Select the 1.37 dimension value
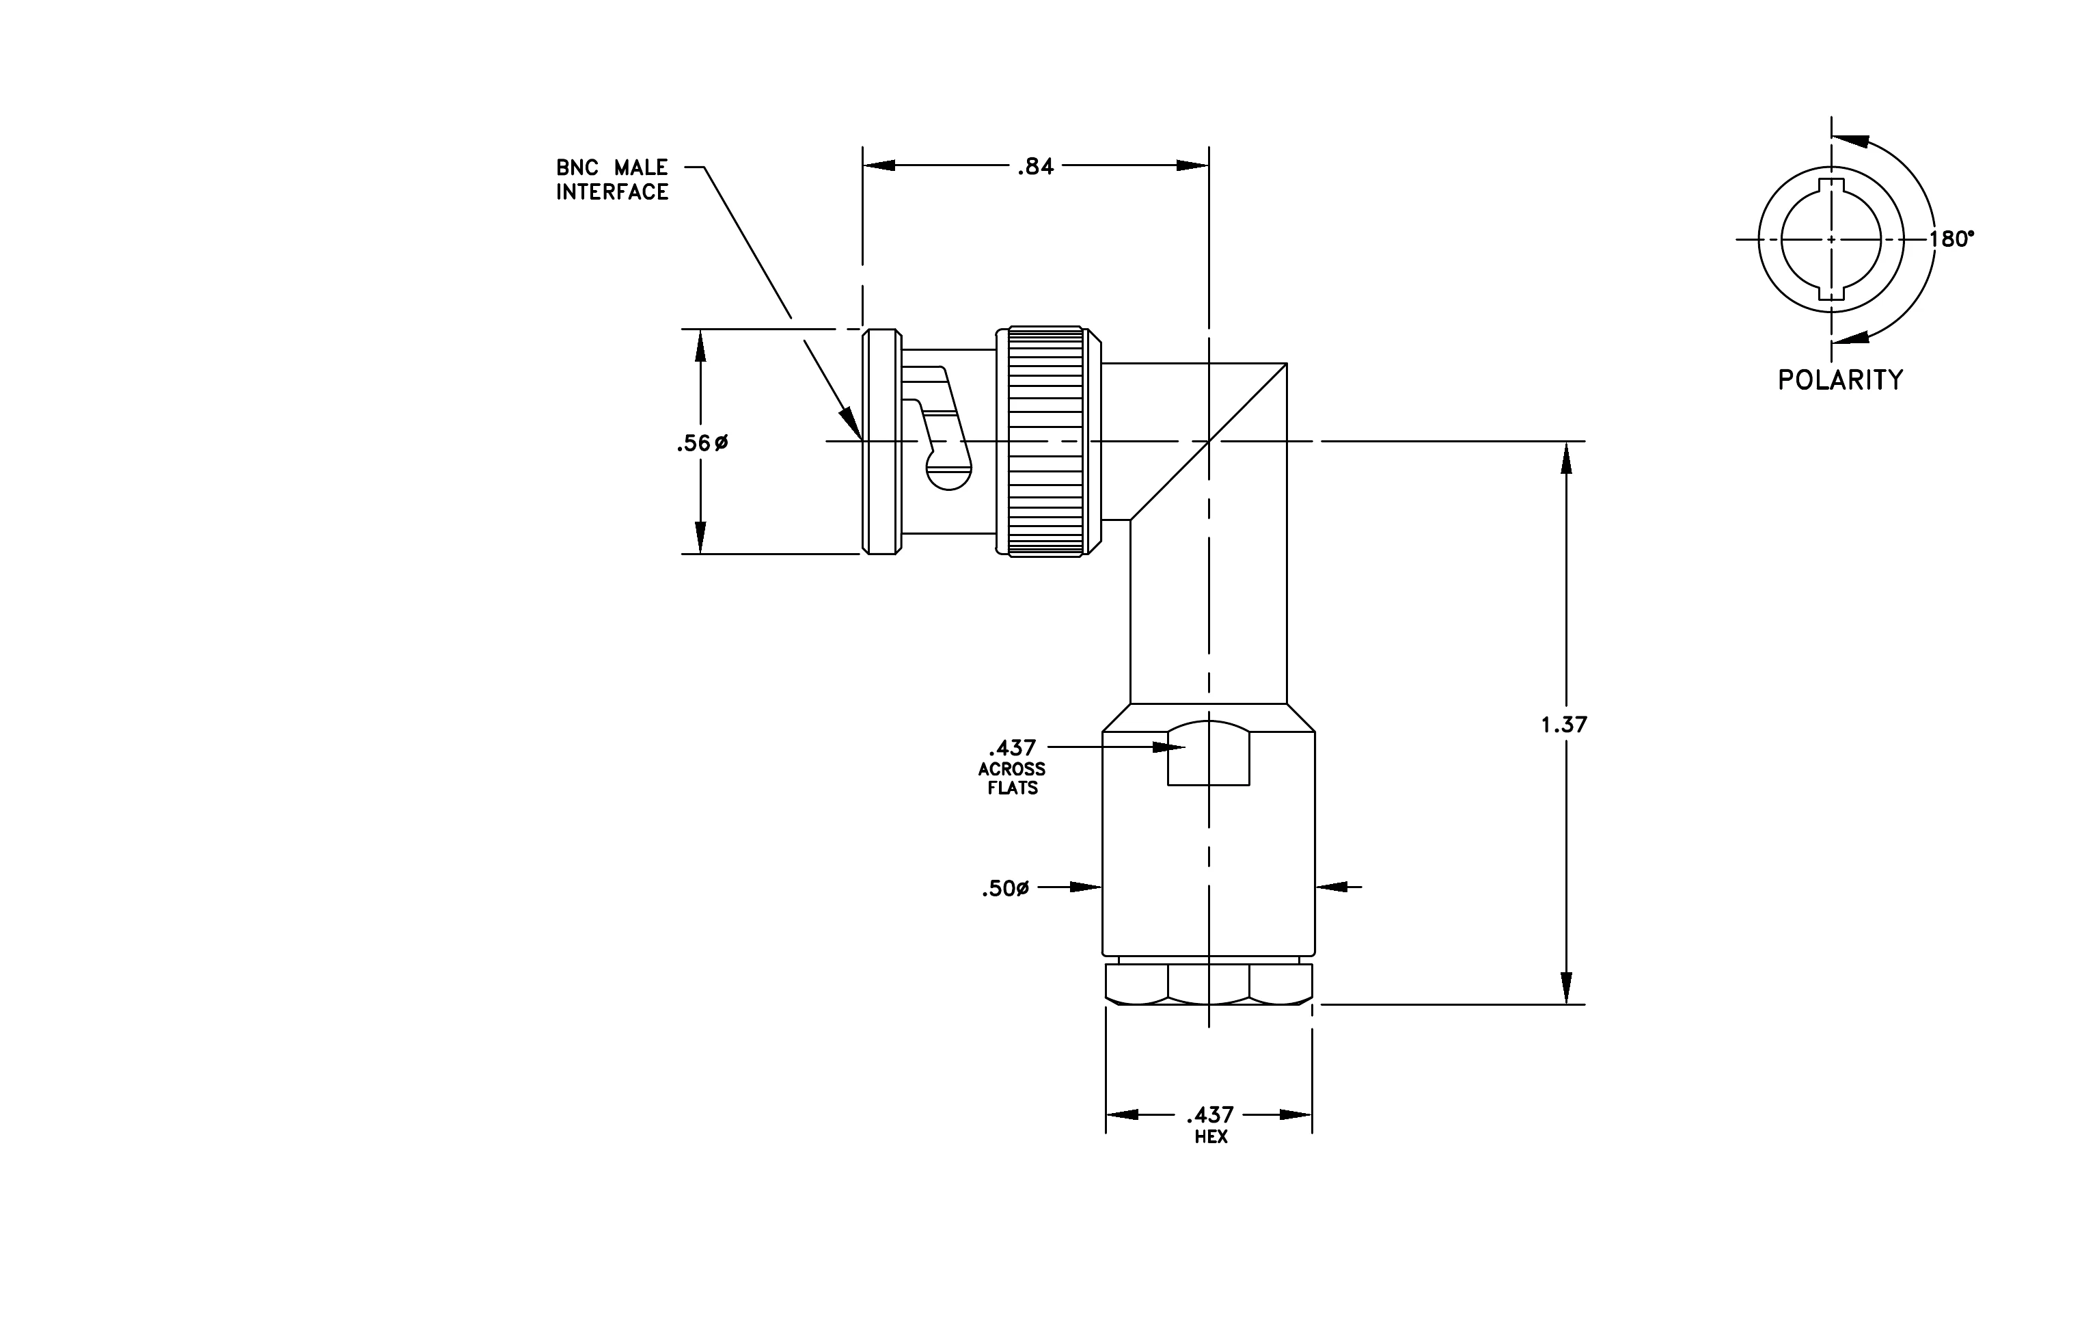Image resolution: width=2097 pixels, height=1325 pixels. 1564,724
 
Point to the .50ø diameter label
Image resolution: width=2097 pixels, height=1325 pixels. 1006,889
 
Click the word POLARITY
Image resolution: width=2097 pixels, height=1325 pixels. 1840,380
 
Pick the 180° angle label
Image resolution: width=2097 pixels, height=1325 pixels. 1951,239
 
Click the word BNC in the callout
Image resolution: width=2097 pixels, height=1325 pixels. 577,168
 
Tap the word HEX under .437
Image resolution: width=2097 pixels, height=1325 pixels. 1211,1137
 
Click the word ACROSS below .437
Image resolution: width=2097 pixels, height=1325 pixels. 1012,769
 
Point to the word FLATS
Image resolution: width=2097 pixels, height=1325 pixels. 1013,788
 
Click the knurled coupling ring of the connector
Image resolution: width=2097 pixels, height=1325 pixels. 1046,442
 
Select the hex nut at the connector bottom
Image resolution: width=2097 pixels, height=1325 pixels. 1209,985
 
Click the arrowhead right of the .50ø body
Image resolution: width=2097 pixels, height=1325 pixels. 1330,887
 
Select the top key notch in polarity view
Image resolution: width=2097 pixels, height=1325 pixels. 1831,184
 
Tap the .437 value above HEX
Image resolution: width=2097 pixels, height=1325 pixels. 1211,1115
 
